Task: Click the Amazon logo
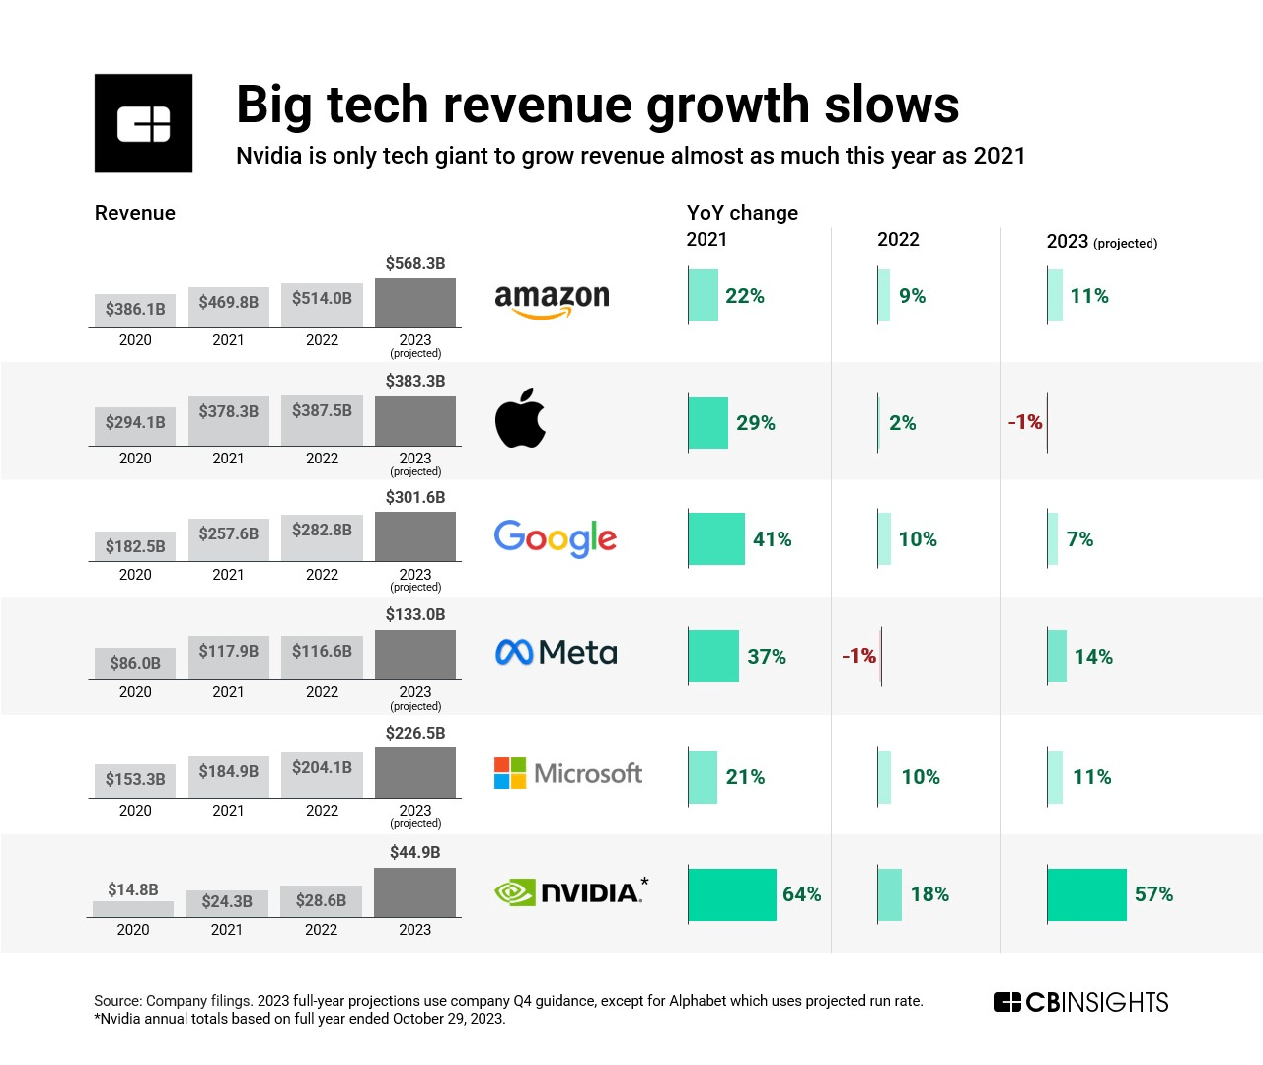click(552, 300)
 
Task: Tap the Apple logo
click(520, 418)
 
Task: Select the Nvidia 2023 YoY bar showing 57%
click(1086, 894)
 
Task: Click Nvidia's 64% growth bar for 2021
click(732, 894)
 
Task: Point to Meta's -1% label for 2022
click(858, 656)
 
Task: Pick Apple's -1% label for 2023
click(1024, 422)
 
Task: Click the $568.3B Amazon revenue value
click(415, 263)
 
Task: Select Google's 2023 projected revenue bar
click(415, 536)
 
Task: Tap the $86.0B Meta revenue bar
click(135, 663)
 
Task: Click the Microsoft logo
click(568, 773)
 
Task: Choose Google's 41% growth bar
click(716, 538)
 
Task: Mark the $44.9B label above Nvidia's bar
click(415, 852)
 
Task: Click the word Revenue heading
click(135, 213)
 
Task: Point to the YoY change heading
click(742, 213)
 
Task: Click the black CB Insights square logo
click(144, 123)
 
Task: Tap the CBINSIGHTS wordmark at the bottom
click(1081, 1003)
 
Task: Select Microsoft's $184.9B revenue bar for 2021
click(229, 778)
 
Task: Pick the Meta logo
click(556, 653)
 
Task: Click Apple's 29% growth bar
click(708, 422)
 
